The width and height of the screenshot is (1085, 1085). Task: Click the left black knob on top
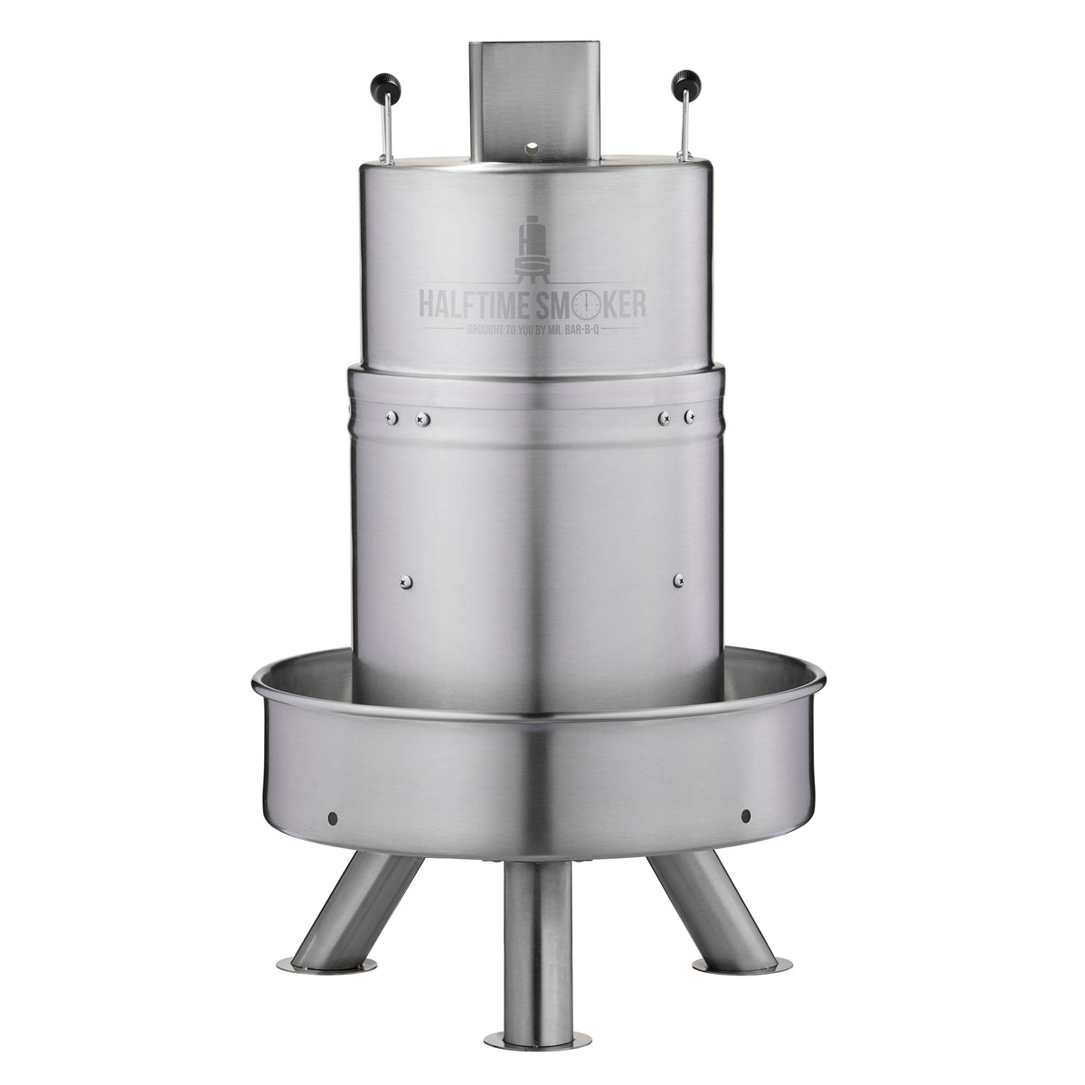click(386, 86)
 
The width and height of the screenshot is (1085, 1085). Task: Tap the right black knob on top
click(686, 83)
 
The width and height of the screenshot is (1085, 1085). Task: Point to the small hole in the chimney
click(531, 149)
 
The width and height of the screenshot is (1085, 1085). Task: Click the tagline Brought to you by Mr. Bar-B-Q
click(532, 331)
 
